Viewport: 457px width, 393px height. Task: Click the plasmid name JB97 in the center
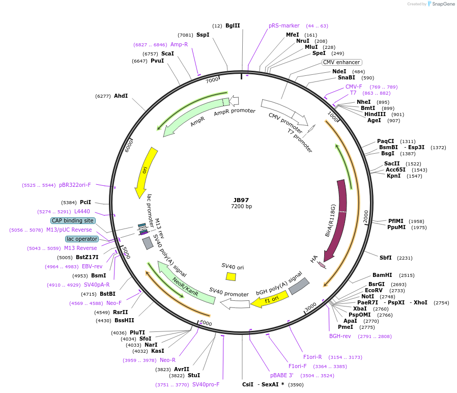tap(241, 200)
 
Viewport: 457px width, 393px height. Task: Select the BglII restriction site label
tap(233, 25)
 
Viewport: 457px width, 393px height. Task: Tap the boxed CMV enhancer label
tap(341, 62)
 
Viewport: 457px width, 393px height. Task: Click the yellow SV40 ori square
tap(231, 276)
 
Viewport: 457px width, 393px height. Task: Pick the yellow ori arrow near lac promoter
tap(145, 172)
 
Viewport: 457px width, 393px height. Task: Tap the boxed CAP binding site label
tap(73, 220)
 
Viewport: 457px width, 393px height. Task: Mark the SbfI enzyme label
tap(385, 258)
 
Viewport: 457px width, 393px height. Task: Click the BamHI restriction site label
tap(382, 275)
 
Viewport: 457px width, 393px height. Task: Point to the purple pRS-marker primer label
tap(284, 25)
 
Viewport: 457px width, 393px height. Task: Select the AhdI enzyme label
tap(121, 96)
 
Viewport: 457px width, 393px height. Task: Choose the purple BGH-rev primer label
tap(340, 336)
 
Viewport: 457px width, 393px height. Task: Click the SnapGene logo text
tap(443, 4)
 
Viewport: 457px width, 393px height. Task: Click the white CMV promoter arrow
tap(285, 111)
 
